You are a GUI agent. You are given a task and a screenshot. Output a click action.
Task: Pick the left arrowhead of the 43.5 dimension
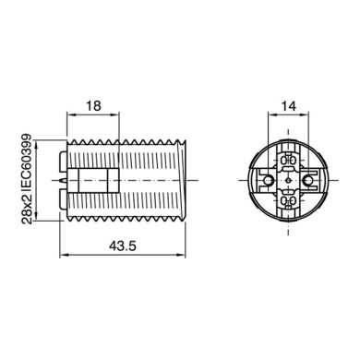pyautogui.click(x=60, y=255)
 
